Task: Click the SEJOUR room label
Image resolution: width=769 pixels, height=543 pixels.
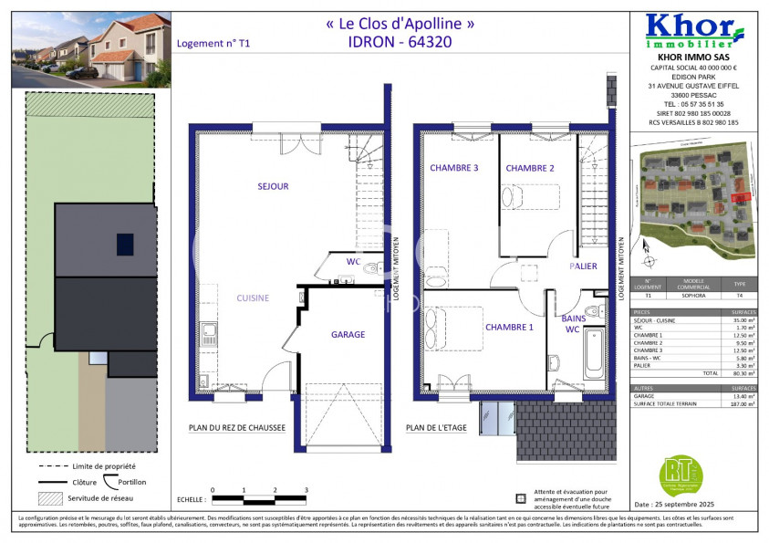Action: click(x=272, y=186)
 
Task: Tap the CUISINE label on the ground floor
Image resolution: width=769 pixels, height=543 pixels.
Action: click(x=253, y=298)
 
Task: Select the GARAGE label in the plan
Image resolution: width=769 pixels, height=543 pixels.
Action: click(x=348, y=335)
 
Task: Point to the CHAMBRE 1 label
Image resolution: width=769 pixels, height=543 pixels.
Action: click(x=509, y=328)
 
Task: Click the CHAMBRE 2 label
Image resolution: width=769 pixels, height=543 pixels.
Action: click(x=530, y=168)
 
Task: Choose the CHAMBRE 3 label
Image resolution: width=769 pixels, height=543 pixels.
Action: click(x=454, y=168)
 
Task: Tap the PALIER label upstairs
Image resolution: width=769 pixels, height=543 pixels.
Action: click(x=583, y=266)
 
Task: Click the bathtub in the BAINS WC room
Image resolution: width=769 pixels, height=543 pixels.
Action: click(x=594, y=355)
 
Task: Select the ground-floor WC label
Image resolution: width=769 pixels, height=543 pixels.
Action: click(x=353, y=262)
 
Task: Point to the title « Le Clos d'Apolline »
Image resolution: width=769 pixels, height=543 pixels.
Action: click(x=400, y=25)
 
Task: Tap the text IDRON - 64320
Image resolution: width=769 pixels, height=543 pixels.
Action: click(x=400, y=41)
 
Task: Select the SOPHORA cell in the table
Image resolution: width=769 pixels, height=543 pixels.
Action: click(x=692, y=296)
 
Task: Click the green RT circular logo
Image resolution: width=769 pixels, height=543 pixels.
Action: click(x=681, y=475)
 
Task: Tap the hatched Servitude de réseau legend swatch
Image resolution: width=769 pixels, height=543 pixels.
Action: click(x=52, y=498)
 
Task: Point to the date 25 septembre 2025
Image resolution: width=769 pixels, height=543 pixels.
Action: click(x=677, y=504)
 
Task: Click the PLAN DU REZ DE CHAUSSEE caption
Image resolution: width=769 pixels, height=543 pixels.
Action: click(x=236, y=426)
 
